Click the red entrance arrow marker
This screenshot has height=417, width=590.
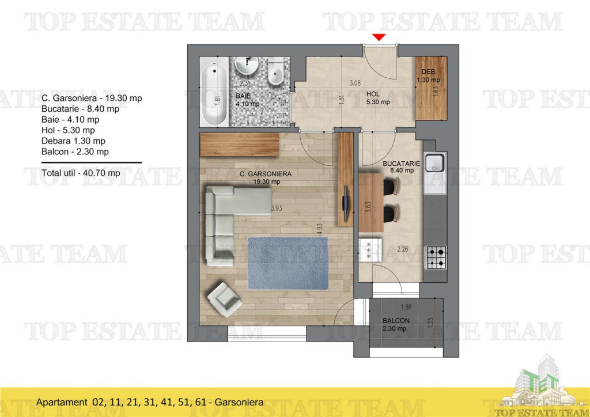coord(379,37)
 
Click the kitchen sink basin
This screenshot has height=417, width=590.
coord(434,163)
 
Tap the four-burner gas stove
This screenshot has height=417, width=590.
coord(436,257)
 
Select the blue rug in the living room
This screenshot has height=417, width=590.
coord(288,263)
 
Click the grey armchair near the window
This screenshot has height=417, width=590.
coord(225,300)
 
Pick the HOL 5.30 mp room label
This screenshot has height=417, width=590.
coord(378,98)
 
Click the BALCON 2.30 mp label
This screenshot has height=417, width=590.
coord(396,324)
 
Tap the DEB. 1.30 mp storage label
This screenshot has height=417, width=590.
coord(428,75)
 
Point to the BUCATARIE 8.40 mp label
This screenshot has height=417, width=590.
coord(401,167)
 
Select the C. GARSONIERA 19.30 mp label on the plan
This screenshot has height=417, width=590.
coord(266,177)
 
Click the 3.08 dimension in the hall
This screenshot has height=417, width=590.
coord(355,83)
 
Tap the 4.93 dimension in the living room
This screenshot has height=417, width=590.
coord(320,229)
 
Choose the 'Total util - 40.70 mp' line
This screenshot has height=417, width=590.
coord(81,173)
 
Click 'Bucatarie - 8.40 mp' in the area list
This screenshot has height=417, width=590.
coord(80,109)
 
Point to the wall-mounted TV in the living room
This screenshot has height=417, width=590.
coord(346,203)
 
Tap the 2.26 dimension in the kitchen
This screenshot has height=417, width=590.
coord(403,249)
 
